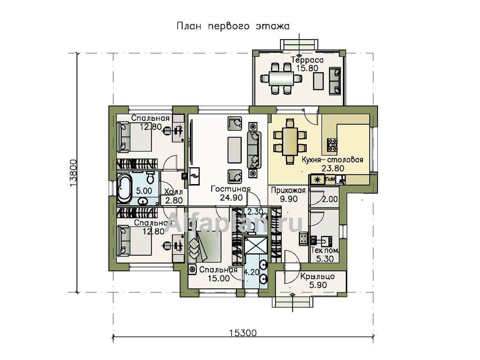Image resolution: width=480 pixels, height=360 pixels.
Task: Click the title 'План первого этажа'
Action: (x=233, y=26)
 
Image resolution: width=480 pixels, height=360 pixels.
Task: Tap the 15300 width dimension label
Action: (x=243, y=333)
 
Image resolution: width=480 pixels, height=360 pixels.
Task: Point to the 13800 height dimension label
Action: (x=74, y=173)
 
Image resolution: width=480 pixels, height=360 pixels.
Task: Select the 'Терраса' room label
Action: (x=307, y=60)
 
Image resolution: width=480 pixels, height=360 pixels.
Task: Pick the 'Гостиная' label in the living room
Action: (x=230, y=189)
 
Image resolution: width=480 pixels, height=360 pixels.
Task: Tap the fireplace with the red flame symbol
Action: (x=194, y=176)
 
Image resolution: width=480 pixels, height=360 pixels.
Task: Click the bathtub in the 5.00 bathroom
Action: (x=125, y=188)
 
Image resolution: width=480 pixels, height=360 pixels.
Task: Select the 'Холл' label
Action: (x=173, y=192)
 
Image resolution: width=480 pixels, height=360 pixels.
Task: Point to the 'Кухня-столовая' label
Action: (x=332, y=160)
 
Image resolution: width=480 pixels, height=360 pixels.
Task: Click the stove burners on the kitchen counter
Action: (x=332, y=145)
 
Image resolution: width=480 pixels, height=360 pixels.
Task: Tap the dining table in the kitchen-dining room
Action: (x=290, y=142)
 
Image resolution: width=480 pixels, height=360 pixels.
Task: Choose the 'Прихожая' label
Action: (x=288, y=190)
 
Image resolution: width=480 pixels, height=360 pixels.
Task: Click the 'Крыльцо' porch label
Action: (x=317, y=276)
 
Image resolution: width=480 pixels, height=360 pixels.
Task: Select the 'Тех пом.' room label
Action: (x=325, y=250)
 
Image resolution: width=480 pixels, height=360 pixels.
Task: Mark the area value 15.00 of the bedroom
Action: (x=219, y=278)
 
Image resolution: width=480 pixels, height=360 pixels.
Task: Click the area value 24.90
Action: (x=231, y=198)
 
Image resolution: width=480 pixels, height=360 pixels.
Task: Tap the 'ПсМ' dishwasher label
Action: (x=330, y=179)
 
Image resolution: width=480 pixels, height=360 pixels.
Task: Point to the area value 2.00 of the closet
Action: (x=330, y=199)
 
